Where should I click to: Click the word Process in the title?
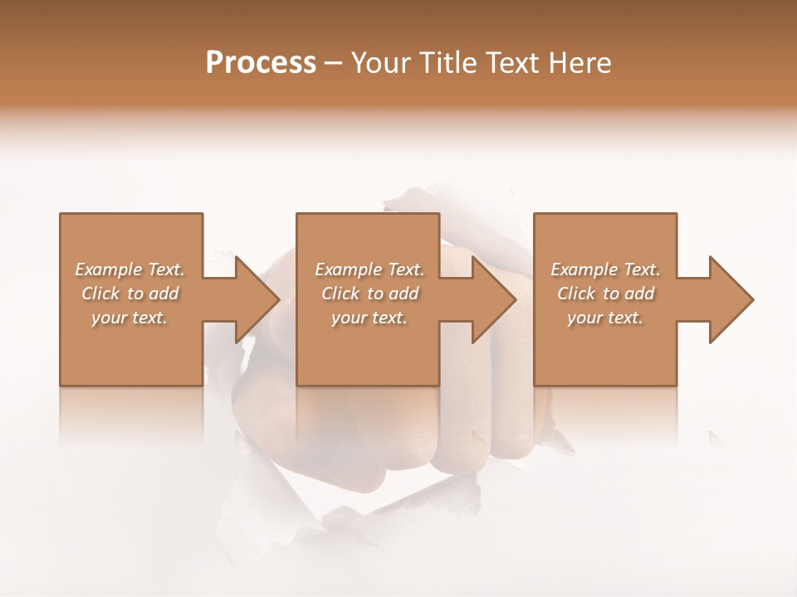261,63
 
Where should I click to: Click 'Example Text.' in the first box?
130,269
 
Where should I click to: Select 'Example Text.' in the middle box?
369,269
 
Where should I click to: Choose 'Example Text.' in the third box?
605,269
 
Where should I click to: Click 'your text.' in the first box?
130,318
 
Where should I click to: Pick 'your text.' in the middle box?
369,318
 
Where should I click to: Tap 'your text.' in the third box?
605,318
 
